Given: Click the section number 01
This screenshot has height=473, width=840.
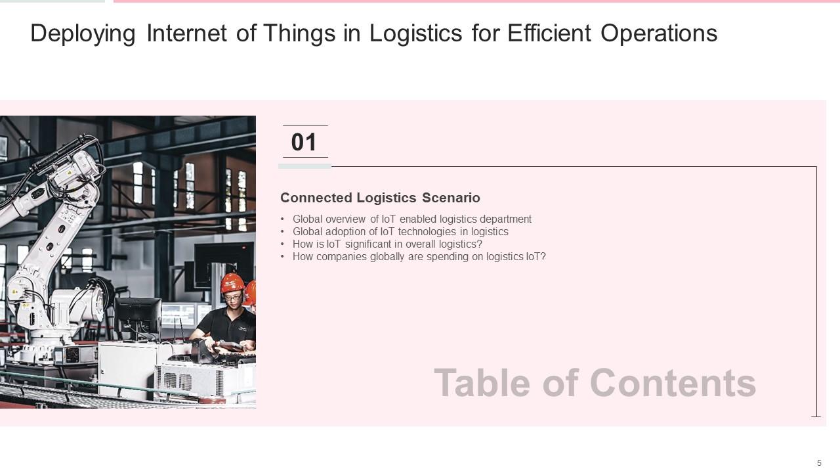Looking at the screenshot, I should pos(304,143).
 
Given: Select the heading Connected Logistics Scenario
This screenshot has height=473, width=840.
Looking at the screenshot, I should pos(380,198).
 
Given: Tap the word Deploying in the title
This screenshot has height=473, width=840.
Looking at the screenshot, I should pos(83,34).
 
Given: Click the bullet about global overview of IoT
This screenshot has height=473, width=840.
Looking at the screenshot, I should pos(411,219).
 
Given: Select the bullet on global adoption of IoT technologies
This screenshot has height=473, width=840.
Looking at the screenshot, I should pos(400,232).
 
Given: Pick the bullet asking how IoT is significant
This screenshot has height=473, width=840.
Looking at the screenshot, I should pos(387,244).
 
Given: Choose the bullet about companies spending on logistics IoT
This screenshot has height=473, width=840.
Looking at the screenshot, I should pos(419,257).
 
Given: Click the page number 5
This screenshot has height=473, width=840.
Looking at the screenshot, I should pos(819,463).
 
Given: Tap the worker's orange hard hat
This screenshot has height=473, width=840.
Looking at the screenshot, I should pos(232,283).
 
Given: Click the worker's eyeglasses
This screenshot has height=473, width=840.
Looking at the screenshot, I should pos(232,298).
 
